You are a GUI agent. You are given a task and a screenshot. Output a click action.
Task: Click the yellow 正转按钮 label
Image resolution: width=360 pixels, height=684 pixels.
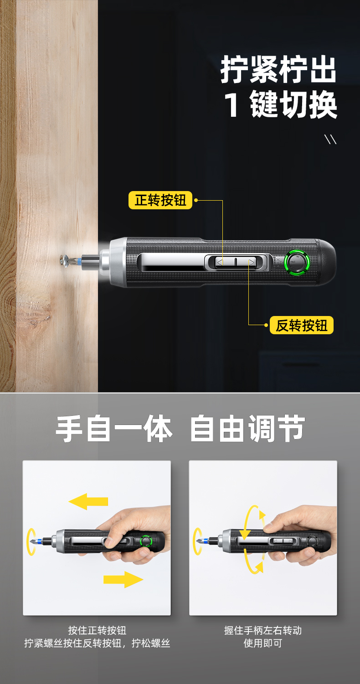tap(160, 200)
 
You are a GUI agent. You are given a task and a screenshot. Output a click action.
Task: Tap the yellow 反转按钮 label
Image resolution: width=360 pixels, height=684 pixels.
tap(301, 325)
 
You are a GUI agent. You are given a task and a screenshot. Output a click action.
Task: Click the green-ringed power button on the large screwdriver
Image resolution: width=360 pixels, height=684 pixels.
tap(297, 262)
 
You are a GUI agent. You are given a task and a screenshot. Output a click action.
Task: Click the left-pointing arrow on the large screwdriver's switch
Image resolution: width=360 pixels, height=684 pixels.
tap(220, 262)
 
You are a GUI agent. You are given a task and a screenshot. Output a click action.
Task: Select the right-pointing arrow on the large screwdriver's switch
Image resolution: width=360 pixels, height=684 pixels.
tap(252, 262)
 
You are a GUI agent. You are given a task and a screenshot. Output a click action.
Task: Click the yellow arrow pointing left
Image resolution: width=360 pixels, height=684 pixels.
tap(88, 502)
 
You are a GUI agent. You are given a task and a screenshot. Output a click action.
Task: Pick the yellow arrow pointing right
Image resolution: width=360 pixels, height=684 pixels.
tap(123, 579)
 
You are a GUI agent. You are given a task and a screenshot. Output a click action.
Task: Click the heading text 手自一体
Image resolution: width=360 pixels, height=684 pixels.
tap(114, 429)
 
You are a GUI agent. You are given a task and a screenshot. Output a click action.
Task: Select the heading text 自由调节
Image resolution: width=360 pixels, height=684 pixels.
tap(248, 429)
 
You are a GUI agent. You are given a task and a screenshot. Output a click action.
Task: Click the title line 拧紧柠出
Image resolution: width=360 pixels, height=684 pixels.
tap(278, 69)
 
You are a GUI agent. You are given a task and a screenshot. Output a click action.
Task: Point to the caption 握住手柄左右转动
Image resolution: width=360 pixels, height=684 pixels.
tap(263, 631)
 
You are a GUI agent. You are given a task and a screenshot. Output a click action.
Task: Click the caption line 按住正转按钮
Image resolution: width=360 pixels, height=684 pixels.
tap(97, 631)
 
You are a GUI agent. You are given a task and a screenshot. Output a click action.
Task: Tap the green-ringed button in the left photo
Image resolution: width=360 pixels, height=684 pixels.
tap(146, 541)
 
